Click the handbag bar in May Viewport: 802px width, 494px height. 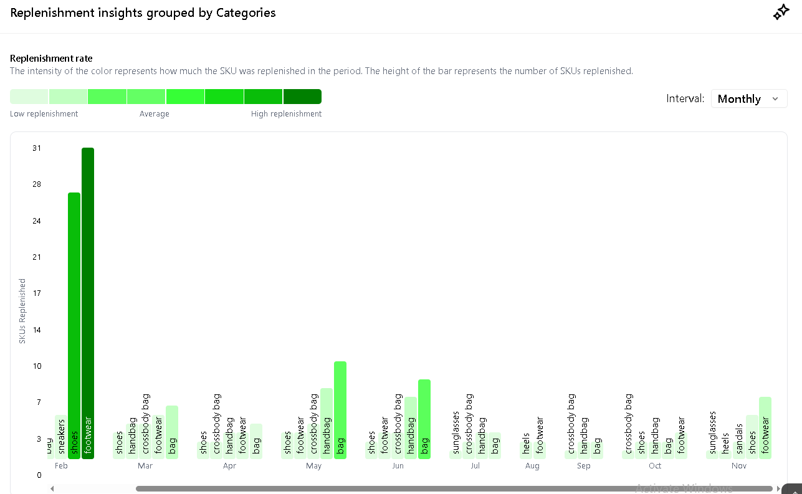(x=327, y=423)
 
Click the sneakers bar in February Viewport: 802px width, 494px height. (x=61, y=437)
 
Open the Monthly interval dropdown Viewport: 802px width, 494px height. (x=748, y=98)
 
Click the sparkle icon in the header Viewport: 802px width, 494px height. (x=781, y=12)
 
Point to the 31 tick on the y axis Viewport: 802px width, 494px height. (x=37, y=148)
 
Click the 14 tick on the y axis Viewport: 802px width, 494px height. (x=37, y=330)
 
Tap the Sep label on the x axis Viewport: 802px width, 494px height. (x=583, y=466)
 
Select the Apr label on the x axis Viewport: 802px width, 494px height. (x=229, y=466)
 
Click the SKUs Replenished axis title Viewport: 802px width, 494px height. (x=22, y=311)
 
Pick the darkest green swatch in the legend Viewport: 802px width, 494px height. (x=302, y=97)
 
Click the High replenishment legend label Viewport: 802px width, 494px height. (x=286, y=114)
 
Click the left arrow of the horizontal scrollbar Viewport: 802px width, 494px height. (x=52, y=488)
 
